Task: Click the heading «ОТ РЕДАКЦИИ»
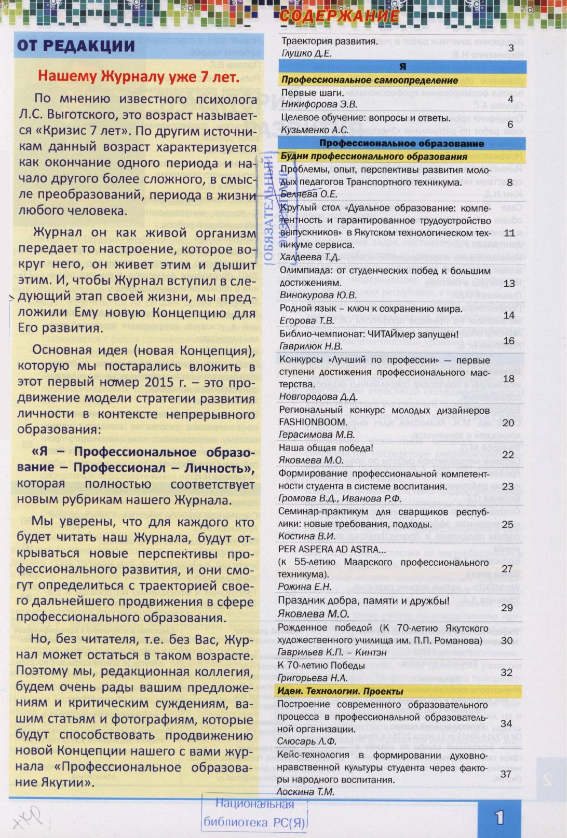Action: pyautogui.click(x=76, y=46)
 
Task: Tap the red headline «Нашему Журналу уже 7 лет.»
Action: pyautogui.click(x=139, y=77)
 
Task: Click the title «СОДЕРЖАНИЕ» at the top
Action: pyautogui.click(x=339, y=17)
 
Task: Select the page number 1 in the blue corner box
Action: pyautogui.click(x=499, y=818)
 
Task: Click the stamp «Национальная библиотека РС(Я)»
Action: pyautogui.click(x=254, y=813)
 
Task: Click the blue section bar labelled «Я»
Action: pyautogui.click(x=402, y=66)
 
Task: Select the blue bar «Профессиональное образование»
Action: pyautogui.click(x=402, y=143)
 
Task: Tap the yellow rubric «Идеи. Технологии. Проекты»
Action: pyautogui.click(x=340, y=691)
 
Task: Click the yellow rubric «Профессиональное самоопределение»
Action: pyautogui.click(x=370, y=80)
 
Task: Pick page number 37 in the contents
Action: pyautogui.click(x=506, y=774)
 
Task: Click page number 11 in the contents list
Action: pyautogui.click(x=509, y=233)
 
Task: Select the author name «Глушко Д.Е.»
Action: pyautogui.click(x=306, y=53)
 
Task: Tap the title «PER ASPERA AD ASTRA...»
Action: pyautogui.click(x=332, y=549)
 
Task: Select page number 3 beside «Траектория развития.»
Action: pyautogui.click(x=510, y=48)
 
